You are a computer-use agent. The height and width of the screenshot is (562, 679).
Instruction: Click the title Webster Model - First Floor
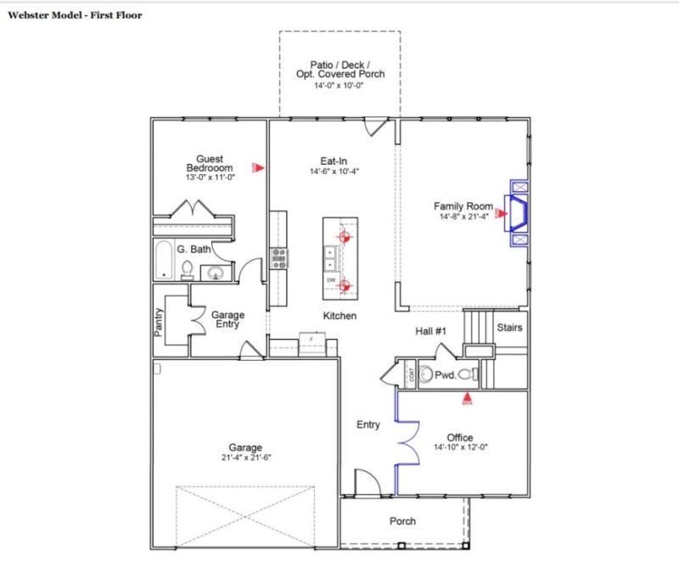(76, 15)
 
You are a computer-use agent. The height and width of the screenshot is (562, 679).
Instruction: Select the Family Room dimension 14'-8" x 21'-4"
(463, 217)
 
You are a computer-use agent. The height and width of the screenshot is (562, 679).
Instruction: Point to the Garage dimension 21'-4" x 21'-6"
(244, 458)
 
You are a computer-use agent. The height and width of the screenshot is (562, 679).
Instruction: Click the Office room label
(459, 438)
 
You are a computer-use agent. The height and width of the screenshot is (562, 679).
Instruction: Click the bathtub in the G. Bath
(163, 261)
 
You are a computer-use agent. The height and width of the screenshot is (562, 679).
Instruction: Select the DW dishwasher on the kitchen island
(330, 279)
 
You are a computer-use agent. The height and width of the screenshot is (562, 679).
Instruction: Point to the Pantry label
(159, 322)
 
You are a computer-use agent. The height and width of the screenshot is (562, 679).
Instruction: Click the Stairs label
(509, 327)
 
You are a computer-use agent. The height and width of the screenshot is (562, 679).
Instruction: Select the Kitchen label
(339, 316)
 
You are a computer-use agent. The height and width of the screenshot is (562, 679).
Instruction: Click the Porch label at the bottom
(402, 521)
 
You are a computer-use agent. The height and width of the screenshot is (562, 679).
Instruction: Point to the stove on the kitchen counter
(278, 257)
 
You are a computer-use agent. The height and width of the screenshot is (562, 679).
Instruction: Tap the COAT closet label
(412, 374)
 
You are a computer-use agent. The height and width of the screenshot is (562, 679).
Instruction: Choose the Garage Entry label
(227, 319)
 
